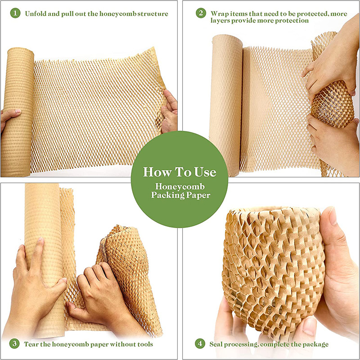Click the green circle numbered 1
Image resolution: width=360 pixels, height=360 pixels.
[x=16, y=13]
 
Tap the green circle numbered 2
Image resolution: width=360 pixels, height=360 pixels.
[x=201, y=13]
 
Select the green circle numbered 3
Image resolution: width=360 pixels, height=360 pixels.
[x=16, y=344]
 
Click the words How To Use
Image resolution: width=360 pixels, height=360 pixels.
[x=180, y=172]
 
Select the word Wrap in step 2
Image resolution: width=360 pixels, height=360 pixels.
[x=219, y=13]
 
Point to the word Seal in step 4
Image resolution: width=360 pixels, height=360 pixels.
[x=217, y=344]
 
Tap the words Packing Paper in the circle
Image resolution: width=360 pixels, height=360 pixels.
[x=180, y=195]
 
